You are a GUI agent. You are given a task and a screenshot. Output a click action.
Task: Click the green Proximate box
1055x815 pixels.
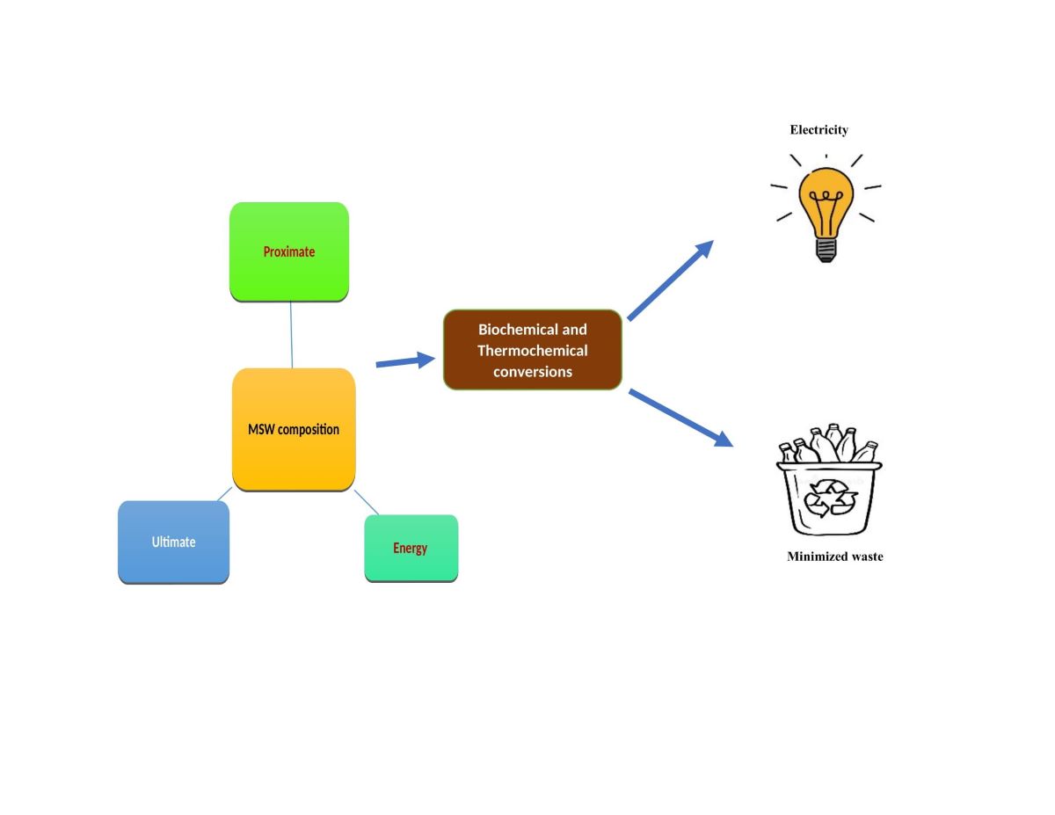[289, 251]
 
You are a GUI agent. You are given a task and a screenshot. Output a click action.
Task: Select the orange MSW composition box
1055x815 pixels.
[294, 429]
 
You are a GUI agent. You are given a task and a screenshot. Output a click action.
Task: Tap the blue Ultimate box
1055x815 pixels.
[173, 542]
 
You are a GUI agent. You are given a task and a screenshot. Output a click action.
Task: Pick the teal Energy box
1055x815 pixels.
[411, 548]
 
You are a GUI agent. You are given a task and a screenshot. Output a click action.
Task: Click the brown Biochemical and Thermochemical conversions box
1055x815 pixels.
[533, 350]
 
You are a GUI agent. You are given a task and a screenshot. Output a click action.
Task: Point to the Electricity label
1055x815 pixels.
[819, 130]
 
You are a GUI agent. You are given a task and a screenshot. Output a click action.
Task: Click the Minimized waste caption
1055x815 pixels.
[834, 557]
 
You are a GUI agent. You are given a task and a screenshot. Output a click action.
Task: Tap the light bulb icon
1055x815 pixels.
[826, 211]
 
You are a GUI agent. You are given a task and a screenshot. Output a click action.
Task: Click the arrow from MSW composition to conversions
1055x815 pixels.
[405, 360]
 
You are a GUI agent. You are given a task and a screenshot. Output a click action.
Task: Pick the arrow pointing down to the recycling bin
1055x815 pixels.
[680, 417]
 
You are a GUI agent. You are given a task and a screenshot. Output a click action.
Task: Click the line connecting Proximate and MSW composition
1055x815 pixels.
[291, 335]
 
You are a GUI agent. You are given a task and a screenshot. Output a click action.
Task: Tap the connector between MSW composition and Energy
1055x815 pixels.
[367, 503]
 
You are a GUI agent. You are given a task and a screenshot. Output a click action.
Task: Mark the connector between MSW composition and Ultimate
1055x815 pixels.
[225, 494]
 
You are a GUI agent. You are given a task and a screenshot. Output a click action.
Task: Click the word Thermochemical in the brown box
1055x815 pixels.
[533, 351]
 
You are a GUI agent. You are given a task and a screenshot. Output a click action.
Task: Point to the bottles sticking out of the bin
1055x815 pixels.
[829, 444]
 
